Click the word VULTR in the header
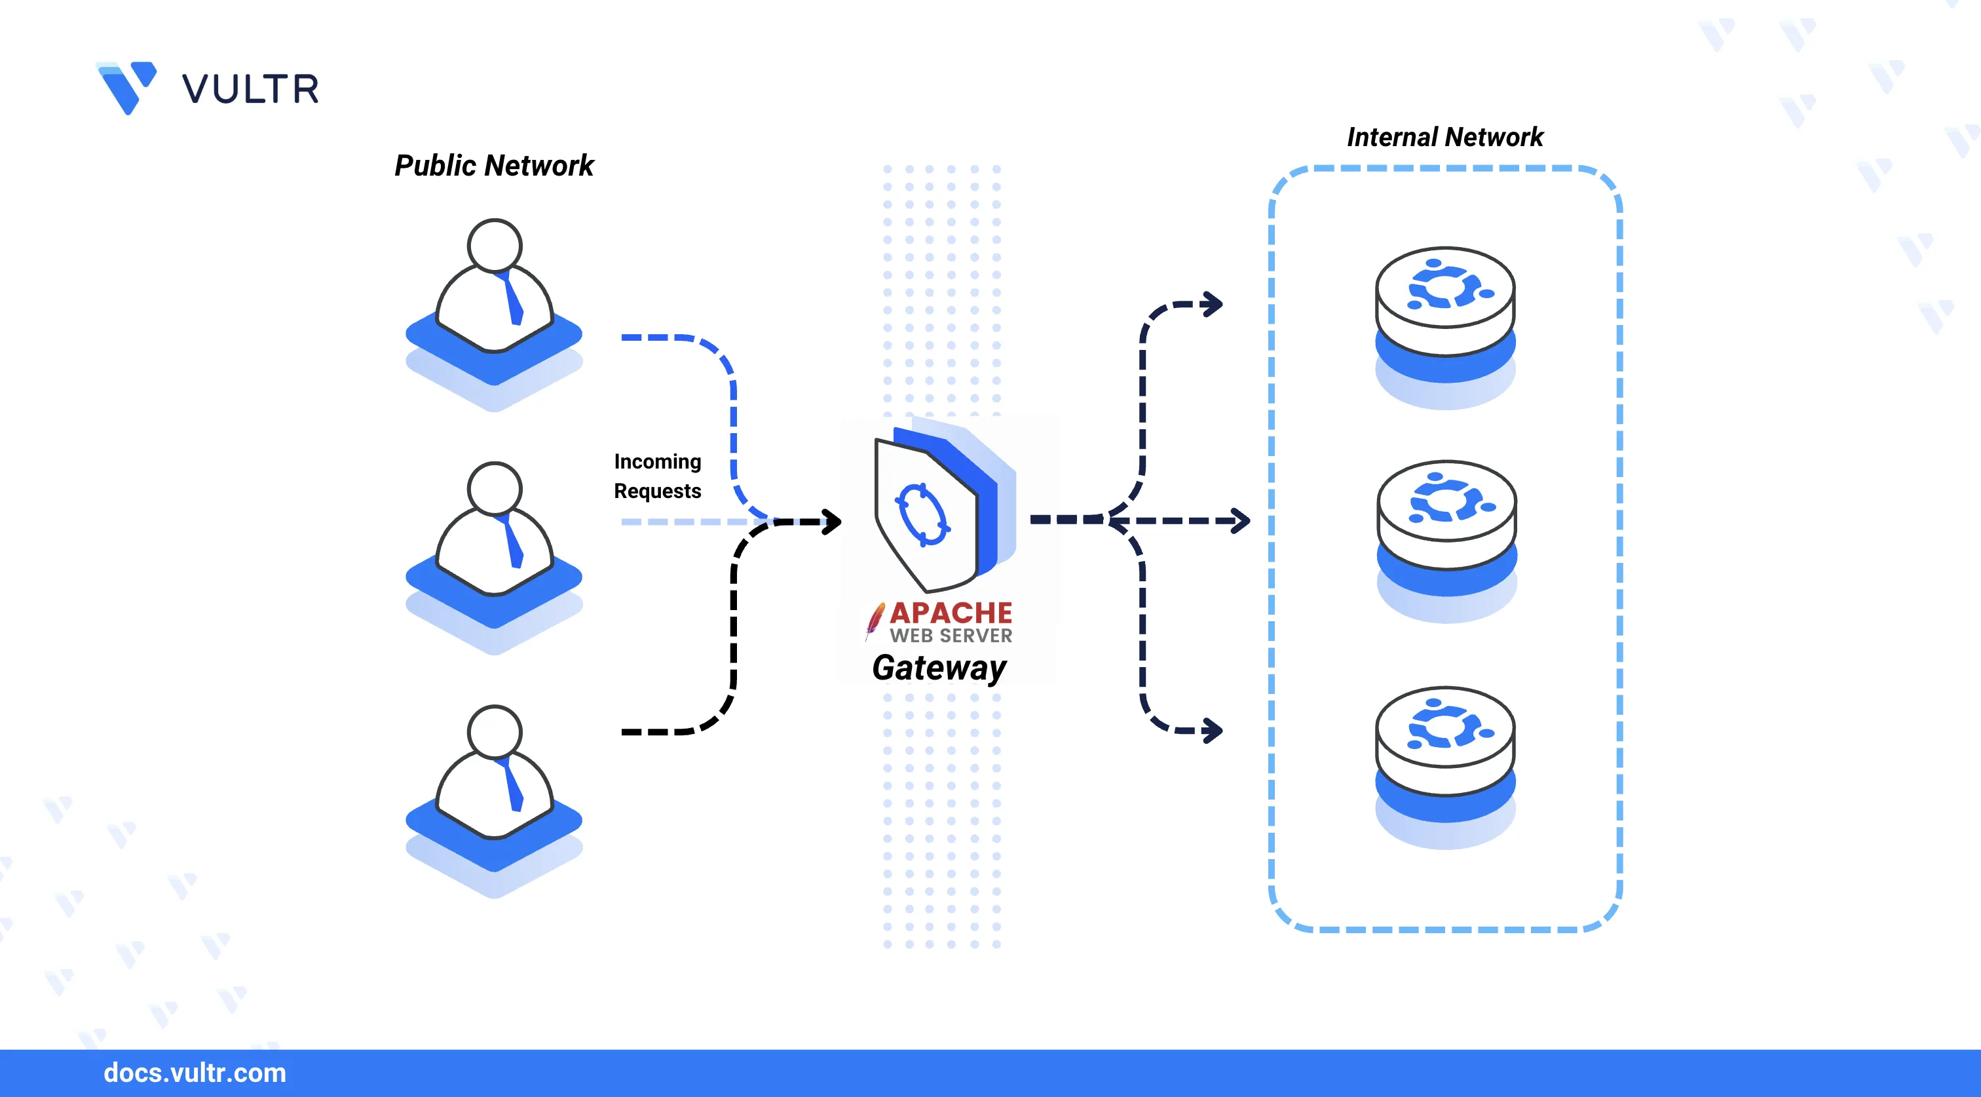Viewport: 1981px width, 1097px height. click(x=250, y=89)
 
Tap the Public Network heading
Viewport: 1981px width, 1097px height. click(x=494, y=165)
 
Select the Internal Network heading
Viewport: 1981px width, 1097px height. click(x=1444, y=137)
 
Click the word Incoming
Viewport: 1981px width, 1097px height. click(x=658, y=461)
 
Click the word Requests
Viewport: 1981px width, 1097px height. click(x=658, y=491)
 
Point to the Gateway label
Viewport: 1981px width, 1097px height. click(x=939, y=668)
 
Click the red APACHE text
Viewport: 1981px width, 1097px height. click(x=951, y=613)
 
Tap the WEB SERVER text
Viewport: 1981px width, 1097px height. click(x=951, y=636)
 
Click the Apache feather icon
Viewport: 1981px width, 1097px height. click(x=875, y=620)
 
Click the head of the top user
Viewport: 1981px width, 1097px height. click(x=495, y=245)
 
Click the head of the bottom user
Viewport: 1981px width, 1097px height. click(x=495, y=731)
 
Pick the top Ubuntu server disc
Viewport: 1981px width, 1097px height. click(x=1445, y=300)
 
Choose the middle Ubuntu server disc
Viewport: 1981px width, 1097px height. click(x=1446, y=513)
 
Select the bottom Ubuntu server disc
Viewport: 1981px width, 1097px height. click(x=1445, y=739)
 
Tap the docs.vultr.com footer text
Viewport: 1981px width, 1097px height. click(x=195, y=1072)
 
